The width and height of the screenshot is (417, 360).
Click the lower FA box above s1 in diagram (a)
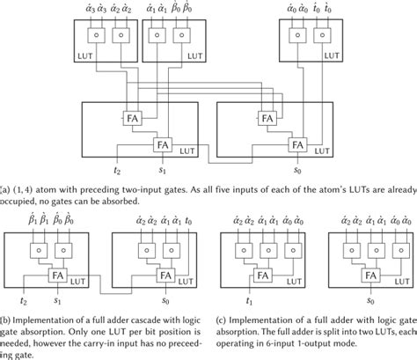click(x=159, y=143)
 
